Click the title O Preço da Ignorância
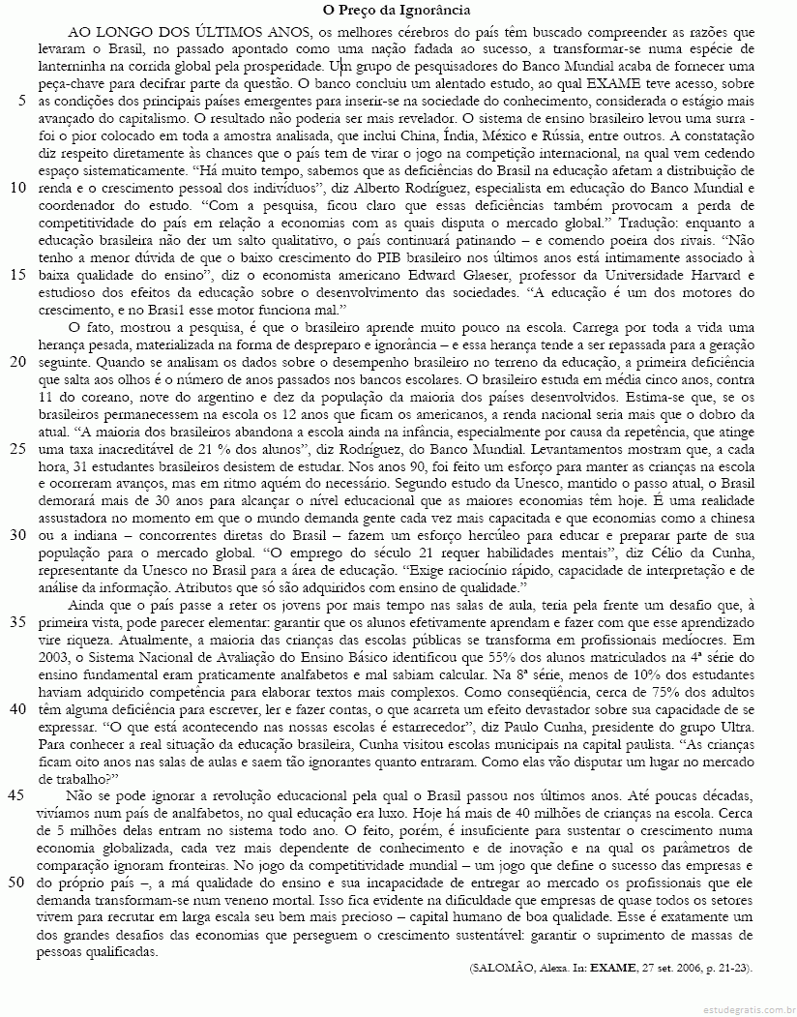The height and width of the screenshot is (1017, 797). click(x=398, y=11)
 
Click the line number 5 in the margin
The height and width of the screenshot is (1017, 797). click(x=21, y=100)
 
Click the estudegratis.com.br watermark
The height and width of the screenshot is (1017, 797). click(x=740, y=1006)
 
